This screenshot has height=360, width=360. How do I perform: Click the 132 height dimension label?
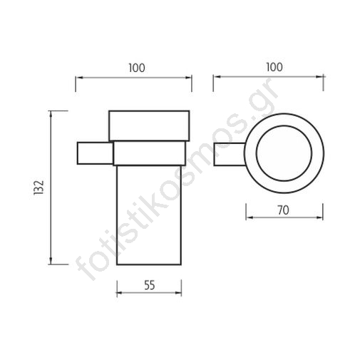[x=39, y=187]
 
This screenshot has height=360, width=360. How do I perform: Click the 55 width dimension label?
[x=150, y=285]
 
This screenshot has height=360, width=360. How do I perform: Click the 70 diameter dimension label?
[x=283, y=210]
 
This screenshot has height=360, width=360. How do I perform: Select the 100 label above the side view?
[x=137, y=68]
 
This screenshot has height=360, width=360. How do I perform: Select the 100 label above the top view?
[x=274, y=67]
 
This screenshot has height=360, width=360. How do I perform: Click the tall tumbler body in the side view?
[x=149, y=215]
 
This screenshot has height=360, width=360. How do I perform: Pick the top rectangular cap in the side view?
[x=149, y=125]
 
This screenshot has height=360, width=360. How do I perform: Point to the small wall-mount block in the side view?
[x=95, y=153]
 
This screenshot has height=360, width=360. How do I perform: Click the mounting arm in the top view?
[x=230, y=155]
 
